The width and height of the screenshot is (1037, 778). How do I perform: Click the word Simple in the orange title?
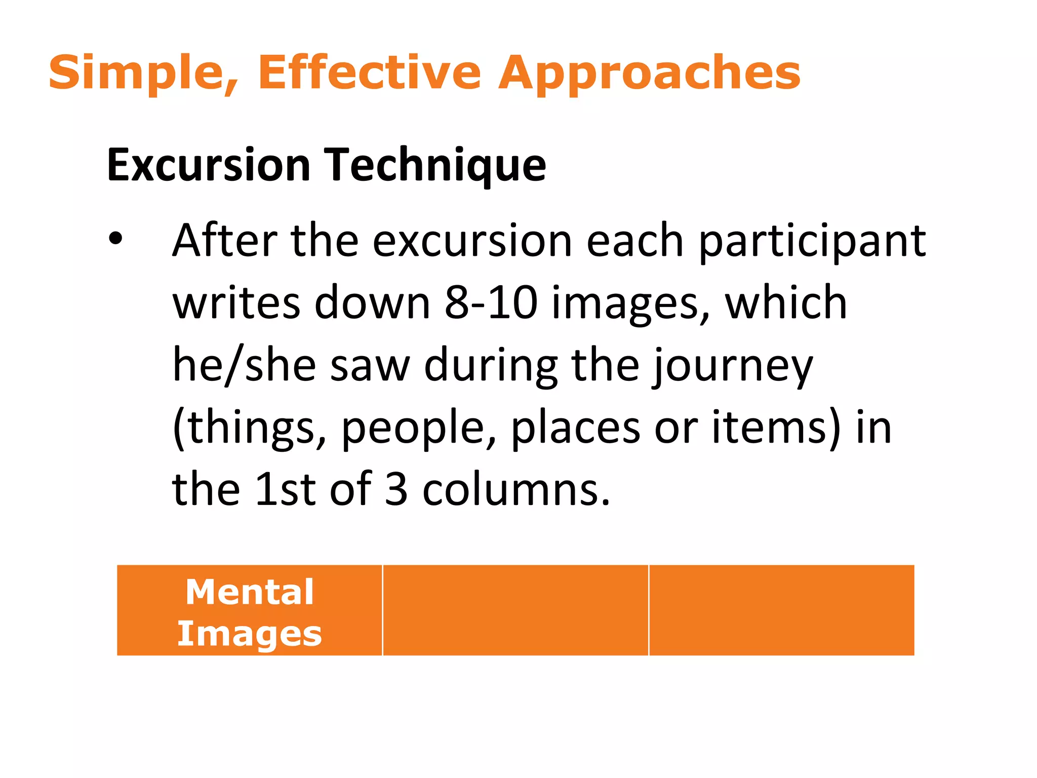[136, 73]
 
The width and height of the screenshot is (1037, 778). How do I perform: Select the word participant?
[812, 242]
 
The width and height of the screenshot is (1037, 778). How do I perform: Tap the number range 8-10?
[491, 303]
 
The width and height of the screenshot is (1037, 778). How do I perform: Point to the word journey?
[732, 366]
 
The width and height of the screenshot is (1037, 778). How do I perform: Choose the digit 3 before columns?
[396, 489]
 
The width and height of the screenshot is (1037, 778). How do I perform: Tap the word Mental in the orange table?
[250, 592]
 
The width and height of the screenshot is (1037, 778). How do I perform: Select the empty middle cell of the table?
[515, 610]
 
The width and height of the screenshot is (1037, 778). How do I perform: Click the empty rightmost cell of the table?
[781, 610]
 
